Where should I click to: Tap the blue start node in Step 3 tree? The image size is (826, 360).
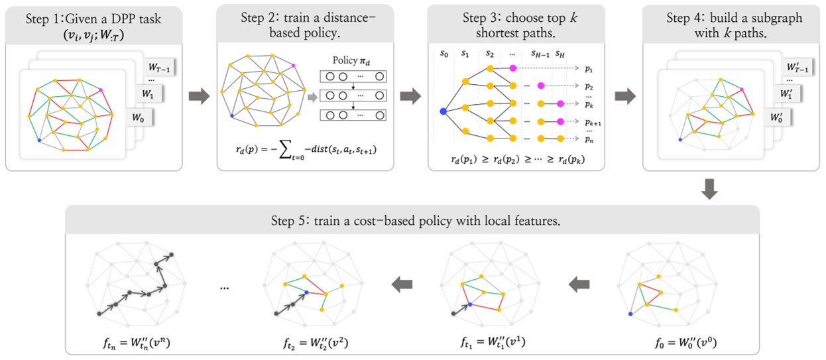(x=443, y=111)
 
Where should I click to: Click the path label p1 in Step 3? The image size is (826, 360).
(x=589, y=68)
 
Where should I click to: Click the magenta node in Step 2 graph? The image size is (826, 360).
(x=292, y=65)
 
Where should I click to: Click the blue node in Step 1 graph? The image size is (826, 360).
(x=39, y=141)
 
